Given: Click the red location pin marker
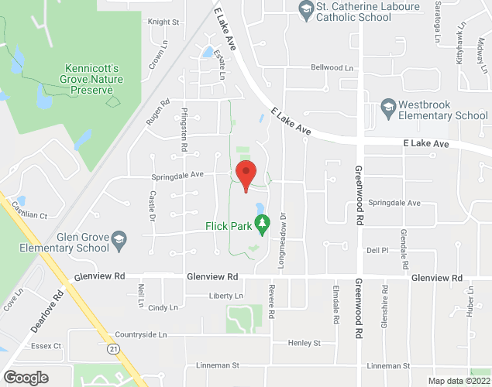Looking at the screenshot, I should click(246, 174).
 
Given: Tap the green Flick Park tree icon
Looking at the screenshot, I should click(262, 225).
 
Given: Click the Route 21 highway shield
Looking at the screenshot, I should click(114, 350).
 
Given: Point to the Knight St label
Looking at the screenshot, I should click(163, 22).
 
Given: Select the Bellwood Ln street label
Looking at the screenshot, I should click(331, 67).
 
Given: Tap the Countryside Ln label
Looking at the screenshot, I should click(140, 334).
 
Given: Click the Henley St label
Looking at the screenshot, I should click(304, 342).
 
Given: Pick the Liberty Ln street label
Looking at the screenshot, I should click(225, 296).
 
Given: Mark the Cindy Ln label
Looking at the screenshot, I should click(163, 307).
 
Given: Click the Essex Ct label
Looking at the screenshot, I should click(46, 346).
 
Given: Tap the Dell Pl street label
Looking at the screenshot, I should click(377, 250).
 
